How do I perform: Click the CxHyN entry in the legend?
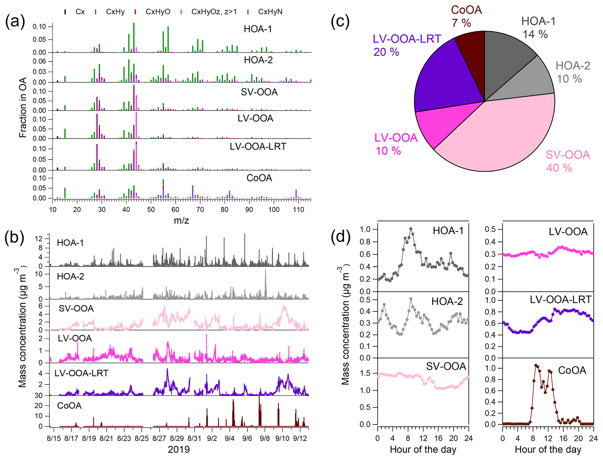tap(270, 12)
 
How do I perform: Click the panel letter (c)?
tap(340, 21)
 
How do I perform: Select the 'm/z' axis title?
tap(181, 220)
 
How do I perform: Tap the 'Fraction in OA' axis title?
tap(23, 107)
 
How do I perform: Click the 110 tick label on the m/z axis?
tap(298, 209)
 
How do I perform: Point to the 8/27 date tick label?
tap(159, 438)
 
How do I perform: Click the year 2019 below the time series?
tap(179, 449)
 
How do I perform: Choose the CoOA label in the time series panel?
tap(69, 406)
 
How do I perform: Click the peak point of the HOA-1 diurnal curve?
tap(411, 229)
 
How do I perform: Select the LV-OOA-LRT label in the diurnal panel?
tap(560, 299)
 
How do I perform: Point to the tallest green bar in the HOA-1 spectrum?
tap(134, 36)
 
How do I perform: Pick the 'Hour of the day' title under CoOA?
tap(548, 449)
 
